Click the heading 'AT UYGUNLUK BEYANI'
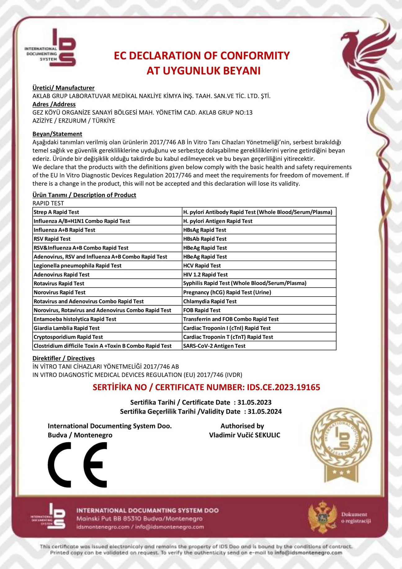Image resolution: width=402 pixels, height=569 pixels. point(203,71)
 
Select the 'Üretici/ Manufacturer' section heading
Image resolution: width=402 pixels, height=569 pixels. point(63,88)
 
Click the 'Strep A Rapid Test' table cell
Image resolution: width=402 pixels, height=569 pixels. point(56,212)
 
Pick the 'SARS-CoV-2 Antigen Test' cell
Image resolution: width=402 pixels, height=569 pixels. point(214,346)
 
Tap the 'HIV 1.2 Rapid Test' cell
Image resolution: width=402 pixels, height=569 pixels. point(205,275)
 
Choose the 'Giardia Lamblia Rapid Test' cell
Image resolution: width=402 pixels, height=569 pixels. point(66,328)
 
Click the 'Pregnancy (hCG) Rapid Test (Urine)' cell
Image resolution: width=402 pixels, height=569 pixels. point(227,292)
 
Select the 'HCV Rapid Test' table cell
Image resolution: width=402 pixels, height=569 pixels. point(202,266)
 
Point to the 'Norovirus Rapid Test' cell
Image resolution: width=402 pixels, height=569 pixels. point(59,292)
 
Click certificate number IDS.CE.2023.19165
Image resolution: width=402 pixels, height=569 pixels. point(283,387)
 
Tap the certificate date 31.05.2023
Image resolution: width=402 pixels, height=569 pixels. point(254,402)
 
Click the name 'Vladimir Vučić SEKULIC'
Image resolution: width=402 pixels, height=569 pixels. point(244,435)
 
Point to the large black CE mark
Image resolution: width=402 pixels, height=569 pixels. point(78,464)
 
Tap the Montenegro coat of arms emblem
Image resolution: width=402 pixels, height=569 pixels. point(323,517)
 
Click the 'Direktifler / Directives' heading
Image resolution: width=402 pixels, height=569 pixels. point(63,358)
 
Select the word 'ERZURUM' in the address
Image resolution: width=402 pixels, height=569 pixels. point(72,121)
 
